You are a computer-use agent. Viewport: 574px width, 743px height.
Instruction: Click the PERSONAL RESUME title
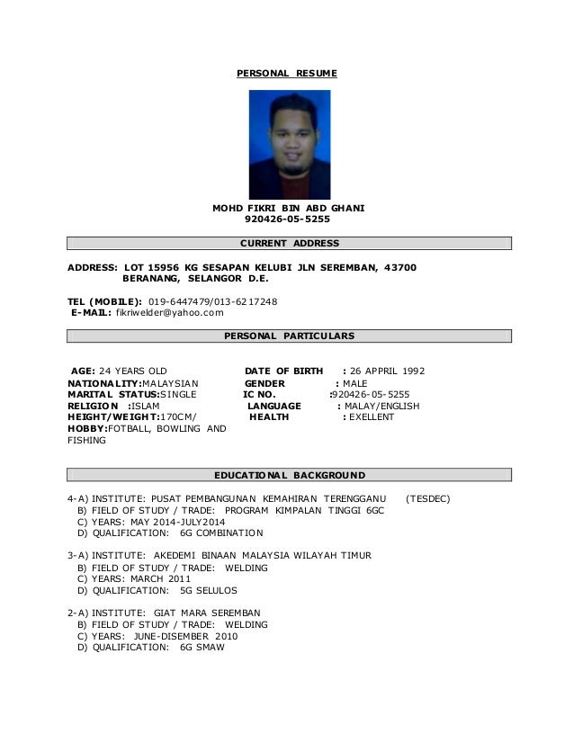(286, 71)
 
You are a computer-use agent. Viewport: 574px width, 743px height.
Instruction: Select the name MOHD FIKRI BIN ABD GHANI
(288, 207)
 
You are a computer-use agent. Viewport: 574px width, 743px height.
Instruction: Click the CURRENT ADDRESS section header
(289, 244)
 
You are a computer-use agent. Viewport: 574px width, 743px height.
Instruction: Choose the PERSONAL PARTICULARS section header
(289, 336)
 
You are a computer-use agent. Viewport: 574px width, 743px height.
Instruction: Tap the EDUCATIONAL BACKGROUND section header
(289, 474)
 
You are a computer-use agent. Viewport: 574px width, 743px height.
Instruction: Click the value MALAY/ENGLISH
(382, 406)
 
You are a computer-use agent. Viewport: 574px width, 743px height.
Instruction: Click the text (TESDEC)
(429, 498)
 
